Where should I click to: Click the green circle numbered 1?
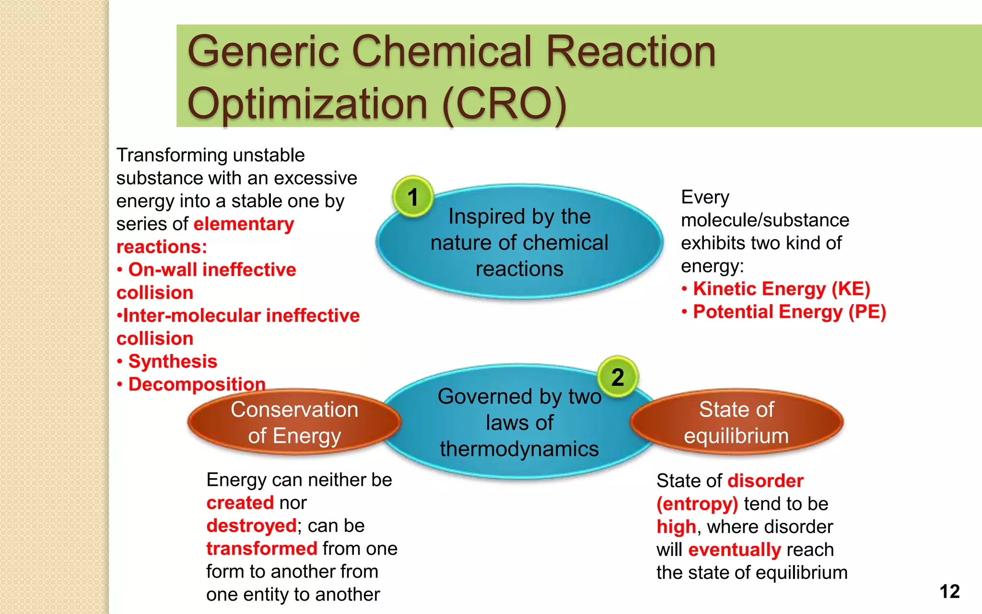pyautogui.click(x=413, y=197)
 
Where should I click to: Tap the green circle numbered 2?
pyautogui.click(x=618, y=377)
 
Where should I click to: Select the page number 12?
pyautogui.click(x=949, y=591)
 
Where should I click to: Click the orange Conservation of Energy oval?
pyautogui.click(x=294, y=422)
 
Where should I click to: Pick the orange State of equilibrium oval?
pyautogui.click(x=736, y=422)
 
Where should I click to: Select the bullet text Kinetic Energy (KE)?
pyautogui.click(x=782, y=289)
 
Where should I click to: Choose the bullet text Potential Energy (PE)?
pyautogui.click(x=789, y=312)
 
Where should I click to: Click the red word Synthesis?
pyautogui.click(x=173, y=361)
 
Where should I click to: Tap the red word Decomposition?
pyautogui.click(x=197, y=384)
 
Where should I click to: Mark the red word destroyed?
pyautogui.click(x=251, y=526)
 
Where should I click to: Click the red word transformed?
pyautogui.click(x=262, y=548)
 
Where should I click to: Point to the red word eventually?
pyautogui.click(x=735, y=550)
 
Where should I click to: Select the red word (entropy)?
pyautogui.click(x=697, y=504)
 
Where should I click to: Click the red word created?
pyautogui.click(x=240, y=503)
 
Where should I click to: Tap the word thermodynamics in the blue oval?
pyautogui.click(x=519, y=449)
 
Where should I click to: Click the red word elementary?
pyautogui.click(x=244, y=224)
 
